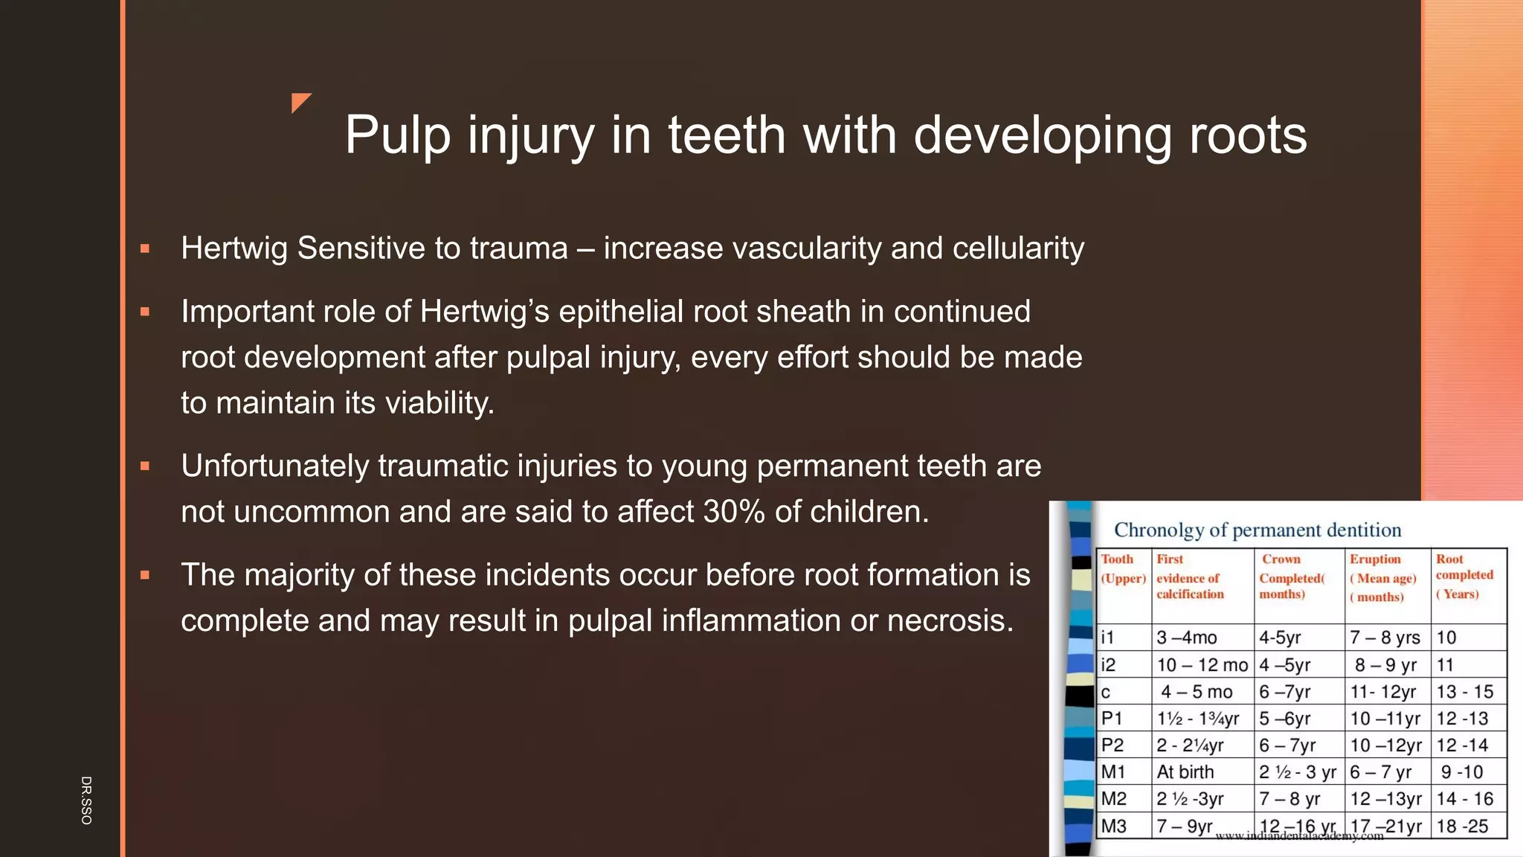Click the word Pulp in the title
click(397, 136)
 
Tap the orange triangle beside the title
click(300, 102)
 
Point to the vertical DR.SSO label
click(86, 800)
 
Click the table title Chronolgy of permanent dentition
click(1257, 530)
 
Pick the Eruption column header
click(1382, 577)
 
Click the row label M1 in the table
click(1113, 772)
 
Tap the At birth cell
click(1185, 772)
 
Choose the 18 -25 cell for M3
click(1462, 826)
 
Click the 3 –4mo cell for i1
click(1187, 638)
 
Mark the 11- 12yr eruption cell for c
click(1383, 692)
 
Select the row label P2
click(1113, 745)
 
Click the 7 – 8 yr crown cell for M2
click(1289, 799)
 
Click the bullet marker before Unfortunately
click(145, 466)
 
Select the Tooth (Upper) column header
click(1123, 569)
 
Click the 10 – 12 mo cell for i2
click(1202, 665)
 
